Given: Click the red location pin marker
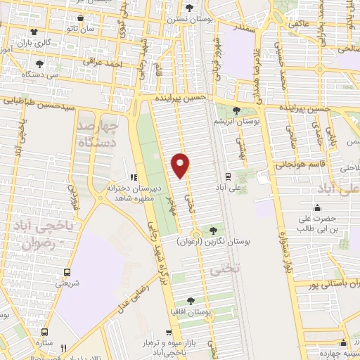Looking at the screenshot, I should (181, 165).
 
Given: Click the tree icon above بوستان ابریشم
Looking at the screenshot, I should (237, 110).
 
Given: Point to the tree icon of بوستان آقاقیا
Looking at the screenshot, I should (191, 300).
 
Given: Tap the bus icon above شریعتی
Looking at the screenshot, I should (67, 273).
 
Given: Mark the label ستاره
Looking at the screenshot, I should (46, 340).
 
